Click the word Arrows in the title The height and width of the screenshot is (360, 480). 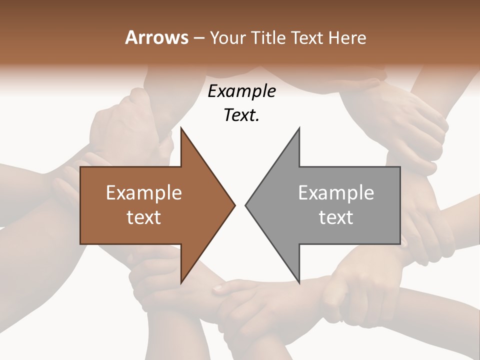coord(156,37)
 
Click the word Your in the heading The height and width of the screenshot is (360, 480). coord(227,38)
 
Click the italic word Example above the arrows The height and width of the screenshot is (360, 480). coord(242,91)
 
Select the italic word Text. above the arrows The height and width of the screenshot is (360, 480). coord(242,115)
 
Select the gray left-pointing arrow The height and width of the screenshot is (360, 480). coord(330,205)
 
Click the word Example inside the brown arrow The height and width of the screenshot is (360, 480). coord(144,193)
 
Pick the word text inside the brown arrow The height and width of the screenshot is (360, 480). coord(144,217)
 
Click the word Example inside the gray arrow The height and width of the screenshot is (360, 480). coord(336,193)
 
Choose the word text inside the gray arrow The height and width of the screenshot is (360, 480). coord(336,217)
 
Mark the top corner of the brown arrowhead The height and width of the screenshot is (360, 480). coord(181,128)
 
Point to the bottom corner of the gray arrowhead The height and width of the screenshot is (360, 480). coord(299,282)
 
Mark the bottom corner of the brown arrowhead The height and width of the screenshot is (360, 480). coord(181,282)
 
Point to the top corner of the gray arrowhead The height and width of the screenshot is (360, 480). coord(299,128)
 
